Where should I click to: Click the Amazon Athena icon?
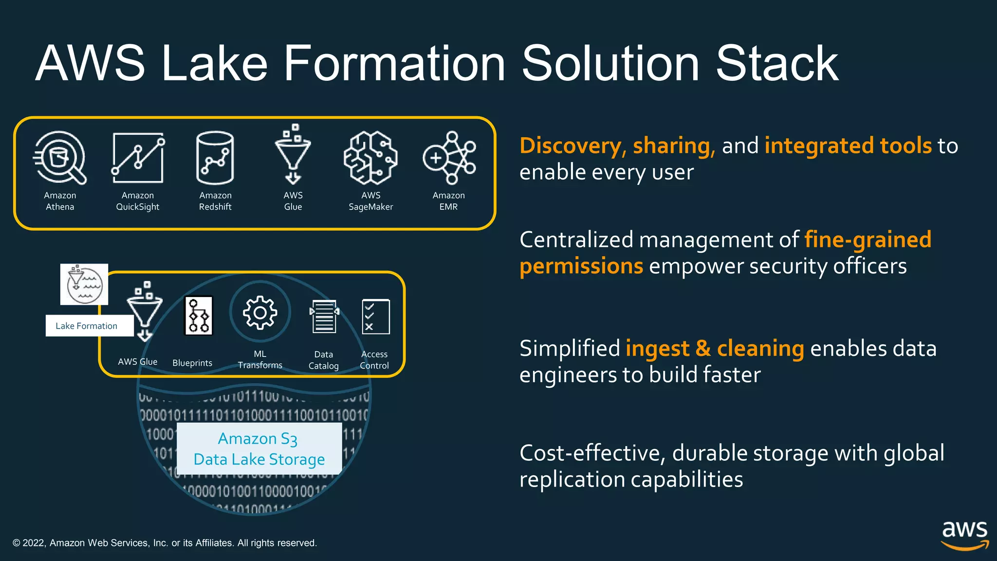60,158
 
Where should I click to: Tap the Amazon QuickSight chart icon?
138,158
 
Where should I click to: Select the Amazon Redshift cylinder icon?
215,158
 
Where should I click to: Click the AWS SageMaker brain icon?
370,158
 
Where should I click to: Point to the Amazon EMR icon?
449,158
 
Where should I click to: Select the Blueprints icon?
199,316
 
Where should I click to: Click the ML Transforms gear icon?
260,312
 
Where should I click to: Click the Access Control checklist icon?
375,317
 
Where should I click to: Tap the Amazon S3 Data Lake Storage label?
259,449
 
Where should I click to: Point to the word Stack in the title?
777,63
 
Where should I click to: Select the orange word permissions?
581,266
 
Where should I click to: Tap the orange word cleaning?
760,349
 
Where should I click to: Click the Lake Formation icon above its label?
84,284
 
